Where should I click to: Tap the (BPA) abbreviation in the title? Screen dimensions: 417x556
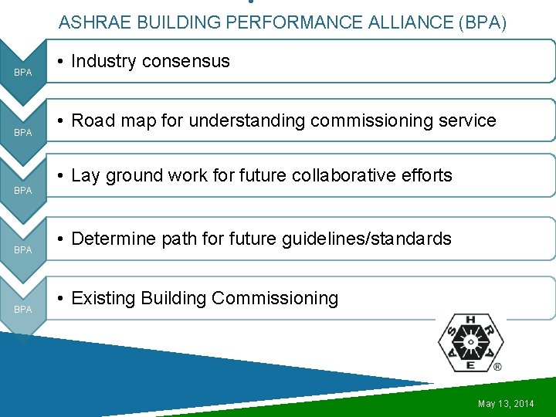(x=483, y=23)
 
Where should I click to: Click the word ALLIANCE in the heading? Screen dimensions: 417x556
(x=400, y=23)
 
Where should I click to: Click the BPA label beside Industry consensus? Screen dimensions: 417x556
(x=23, y=73)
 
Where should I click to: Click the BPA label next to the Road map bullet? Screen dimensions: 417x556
(x=23, y=133)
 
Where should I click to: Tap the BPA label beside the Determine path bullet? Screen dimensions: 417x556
(x=23, y=250)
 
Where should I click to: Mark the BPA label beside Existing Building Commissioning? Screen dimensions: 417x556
(x=23, y=310)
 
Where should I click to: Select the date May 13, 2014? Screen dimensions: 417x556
(x=506, y=404)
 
